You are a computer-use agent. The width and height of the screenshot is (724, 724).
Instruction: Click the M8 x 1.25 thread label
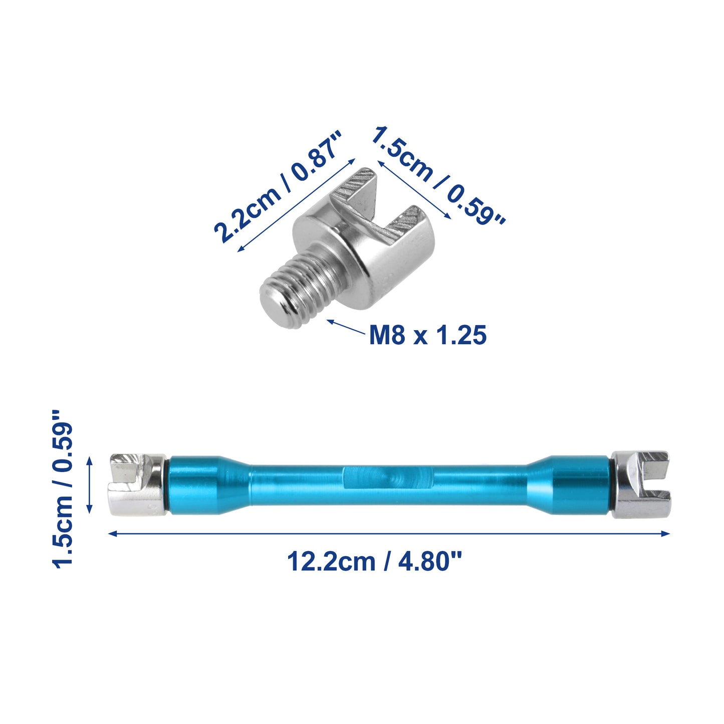point(428,334)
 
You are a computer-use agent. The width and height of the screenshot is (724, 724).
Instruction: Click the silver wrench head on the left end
point(138,485)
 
